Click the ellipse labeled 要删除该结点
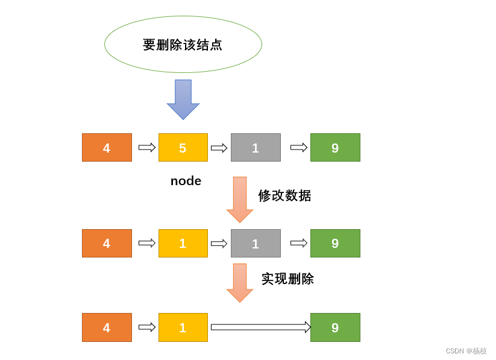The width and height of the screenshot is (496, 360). [x=183, y=45]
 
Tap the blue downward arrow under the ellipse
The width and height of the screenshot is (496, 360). [x=183, y=98]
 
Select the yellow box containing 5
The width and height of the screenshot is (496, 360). [x=183, y=148]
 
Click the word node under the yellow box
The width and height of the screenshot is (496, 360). [x=186, y=181]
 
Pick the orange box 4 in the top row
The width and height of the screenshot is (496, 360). [x=107, y=148]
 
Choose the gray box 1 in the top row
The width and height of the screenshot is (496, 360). [x=256, y=148]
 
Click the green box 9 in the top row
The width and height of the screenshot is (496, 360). [x=335, y=148]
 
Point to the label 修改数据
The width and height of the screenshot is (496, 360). [x=284, y=195]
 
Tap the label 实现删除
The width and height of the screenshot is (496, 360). [x=287, y=279]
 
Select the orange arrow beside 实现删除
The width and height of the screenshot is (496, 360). [x=240, y=282]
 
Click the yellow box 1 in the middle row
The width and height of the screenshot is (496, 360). [x=183, y=244]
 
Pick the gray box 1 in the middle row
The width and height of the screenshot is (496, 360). [x=256, y=244]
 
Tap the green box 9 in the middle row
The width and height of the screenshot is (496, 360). [x=335, y=244]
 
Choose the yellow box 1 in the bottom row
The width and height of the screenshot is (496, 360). [x=183, y=327]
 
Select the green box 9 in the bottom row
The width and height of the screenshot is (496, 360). [x=335, y=327]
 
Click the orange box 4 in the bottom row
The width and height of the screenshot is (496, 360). [x=107, y=327]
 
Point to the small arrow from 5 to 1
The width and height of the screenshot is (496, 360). [x=219, y=148]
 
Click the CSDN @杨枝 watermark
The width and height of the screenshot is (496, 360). [x=466, y=351]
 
